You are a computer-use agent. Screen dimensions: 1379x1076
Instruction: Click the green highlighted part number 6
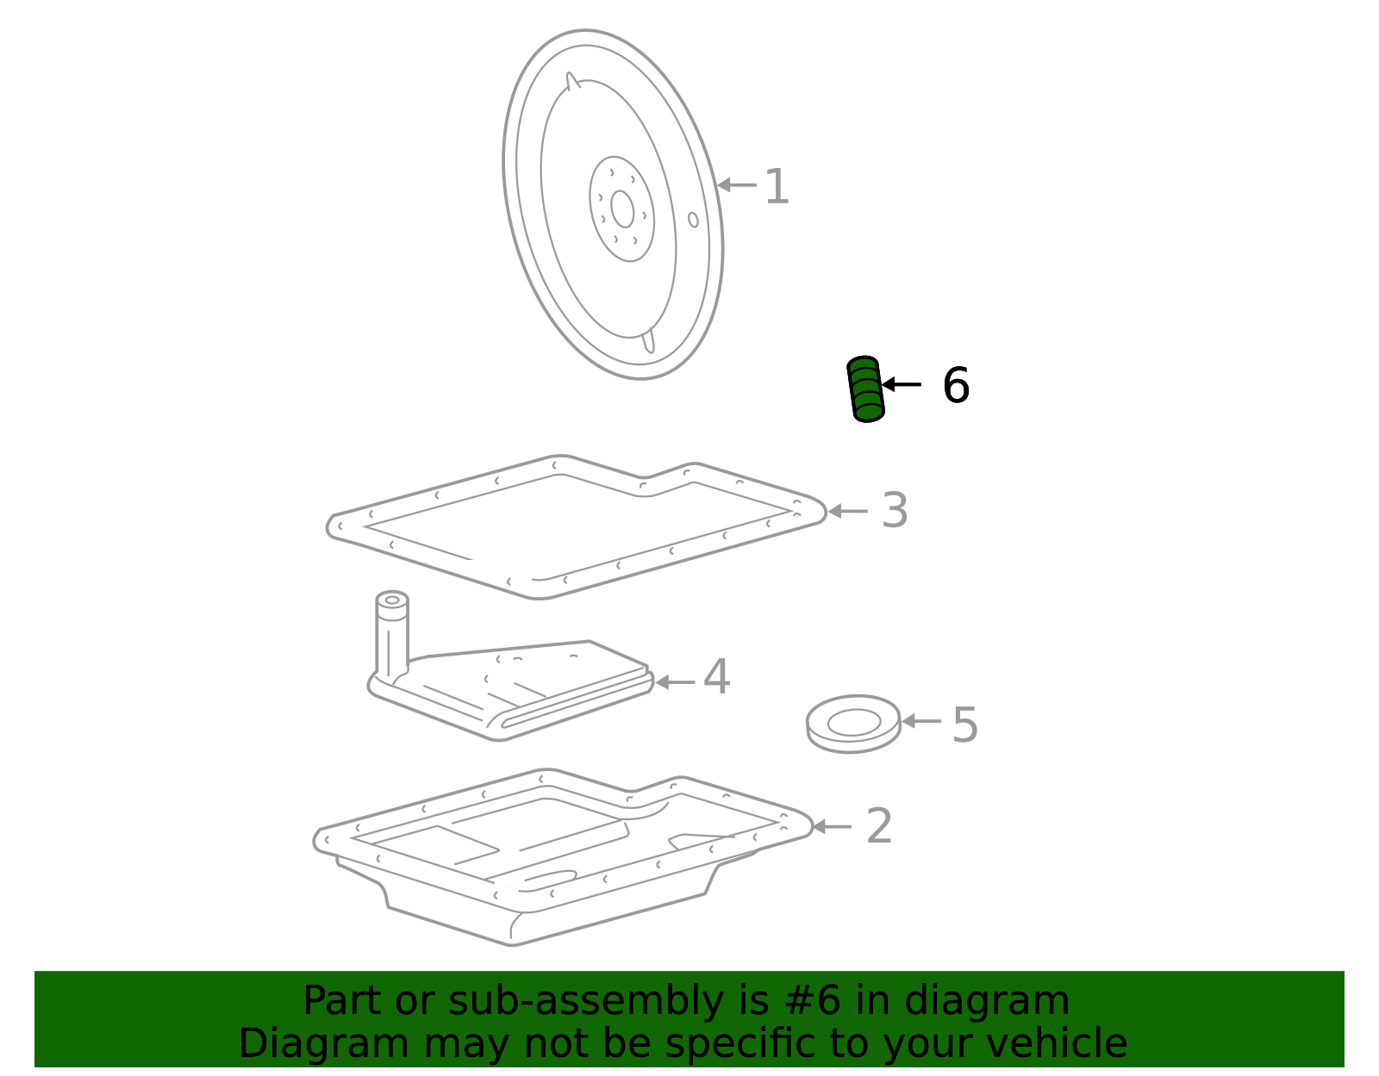tap(865, 389)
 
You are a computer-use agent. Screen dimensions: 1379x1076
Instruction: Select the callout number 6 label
tap(956, 385)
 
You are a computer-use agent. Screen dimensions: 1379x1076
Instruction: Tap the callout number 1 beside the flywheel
tap(777, 186)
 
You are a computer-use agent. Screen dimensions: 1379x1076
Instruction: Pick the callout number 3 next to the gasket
tap(895, 510)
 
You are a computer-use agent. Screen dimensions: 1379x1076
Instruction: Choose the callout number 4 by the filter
tap(717, 676)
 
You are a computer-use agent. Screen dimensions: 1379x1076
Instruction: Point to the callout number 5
tap(965, 725)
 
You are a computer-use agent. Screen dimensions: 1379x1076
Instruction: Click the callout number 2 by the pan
tap(879, 826)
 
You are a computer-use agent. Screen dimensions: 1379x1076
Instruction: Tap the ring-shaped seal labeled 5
tap(853, 737)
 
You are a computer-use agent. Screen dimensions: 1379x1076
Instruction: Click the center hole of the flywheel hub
tap(622, 209)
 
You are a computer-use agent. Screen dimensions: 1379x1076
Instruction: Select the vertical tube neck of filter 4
tap(392, 634)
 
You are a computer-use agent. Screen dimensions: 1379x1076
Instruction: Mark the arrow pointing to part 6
tap(902, 384)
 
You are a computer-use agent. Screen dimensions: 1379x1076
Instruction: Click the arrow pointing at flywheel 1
tap(737, 185)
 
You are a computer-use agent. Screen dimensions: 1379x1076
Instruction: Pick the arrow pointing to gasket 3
tap(848, 511)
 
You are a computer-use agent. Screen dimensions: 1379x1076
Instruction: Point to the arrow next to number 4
tap(675, 682)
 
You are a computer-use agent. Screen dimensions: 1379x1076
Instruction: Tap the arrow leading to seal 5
tap(921, 721)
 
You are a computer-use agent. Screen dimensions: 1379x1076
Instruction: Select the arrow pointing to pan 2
tap(832, 827)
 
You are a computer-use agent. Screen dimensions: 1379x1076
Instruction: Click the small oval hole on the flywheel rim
tap(693, 220)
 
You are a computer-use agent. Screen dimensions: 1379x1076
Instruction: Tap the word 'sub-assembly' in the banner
tap(586, 1003)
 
